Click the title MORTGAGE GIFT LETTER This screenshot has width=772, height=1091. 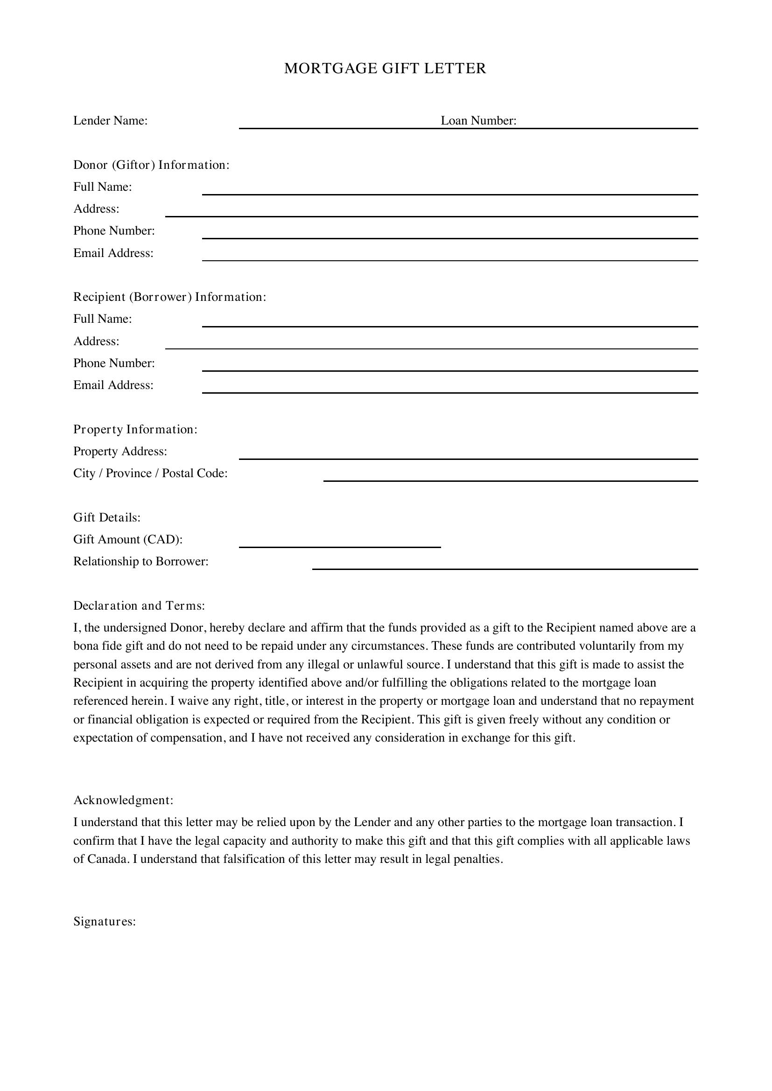[385, 69]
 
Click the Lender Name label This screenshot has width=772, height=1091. [110, 121]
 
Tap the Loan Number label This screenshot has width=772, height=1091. [478, 121]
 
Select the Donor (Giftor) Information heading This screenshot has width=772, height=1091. [151, 165]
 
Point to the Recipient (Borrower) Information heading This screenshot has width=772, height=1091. [170, 297]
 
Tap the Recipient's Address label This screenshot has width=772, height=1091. [96, 341]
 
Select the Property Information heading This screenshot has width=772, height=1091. [135, 430]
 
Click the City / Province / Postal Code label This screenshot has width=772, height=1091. [150, 473]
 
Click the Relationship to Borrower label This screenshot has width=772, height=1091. [140, 562]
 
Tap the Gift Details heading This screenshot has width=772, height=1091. [106, 517]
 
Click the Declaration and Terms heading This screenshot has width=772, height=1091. [139, 606]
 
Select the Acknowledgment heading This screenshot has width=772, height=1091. [123, 800]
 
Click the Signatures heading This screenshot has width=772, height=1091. [105, 922]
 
